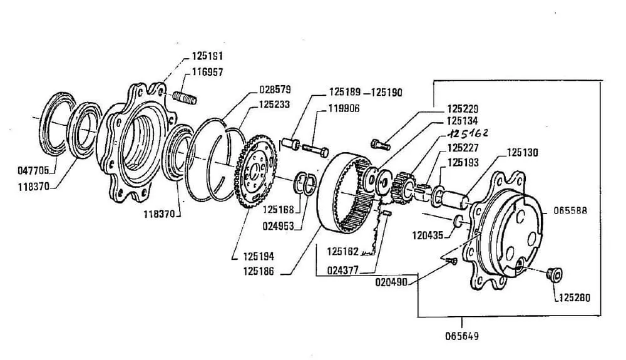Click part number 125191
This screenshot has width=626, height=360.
click(x=207, y=56)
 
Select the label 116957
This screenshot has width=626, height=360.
click(x=207, y=72)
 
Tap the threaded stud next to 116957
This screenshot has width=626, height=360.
click(x=185, y=98)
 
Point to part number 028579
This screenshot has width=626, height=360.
click(x=275, y=89)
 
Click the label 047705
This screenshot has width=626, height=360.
click(x=33, y=170)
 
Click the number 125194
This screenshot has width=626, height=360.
click(x=259, y=256)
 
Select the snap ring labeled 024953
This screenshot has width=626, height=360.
click(x=306, y=185)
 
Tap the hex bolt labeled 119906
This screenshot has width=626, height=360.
click(x=316, y=150)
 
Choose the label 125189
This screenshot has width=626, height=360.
click(x=344, y=92)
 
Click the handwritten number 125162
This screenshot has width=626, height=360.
click(x=468, y=133)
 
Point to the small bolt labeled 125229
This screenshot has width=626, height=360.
click(x=381, y=144)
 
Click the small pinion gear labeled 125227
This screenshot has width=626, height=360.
click(x=403, y=188)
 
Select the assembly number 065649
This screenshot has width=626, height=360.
click(x=461, y=336)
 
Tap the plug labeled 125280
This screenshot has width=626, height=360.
click(x=555, y=275)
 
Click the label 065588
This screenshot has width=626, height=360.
click(x=570, y=210)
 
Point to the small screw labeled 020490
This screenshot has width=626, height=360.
click(x=451, y=262)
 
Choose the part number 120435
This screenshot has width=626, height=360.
click(x=428, y=235)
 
